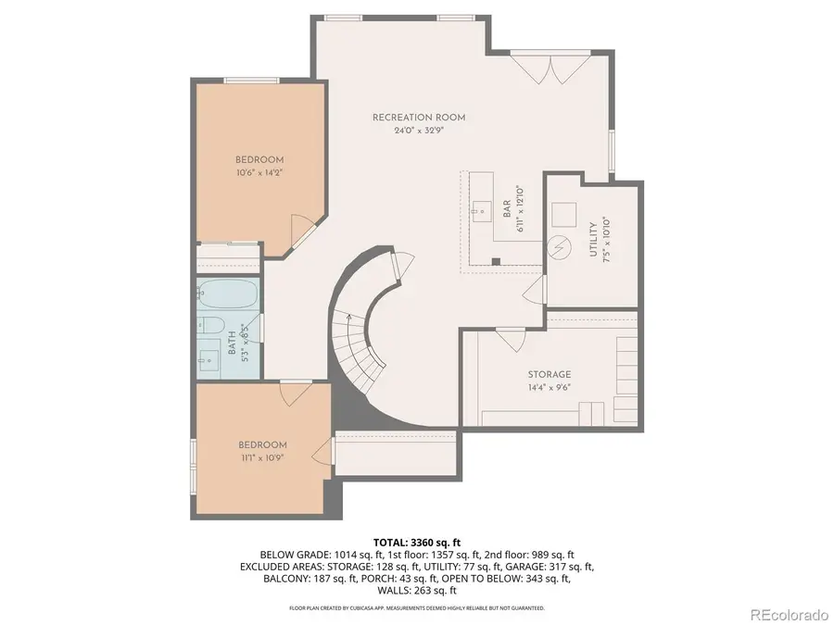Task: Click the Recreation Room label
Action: pos(418,118)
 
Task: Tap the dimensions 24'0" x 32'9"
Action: pos(418,131)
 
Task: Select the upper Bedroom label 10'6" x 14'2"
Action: pos(259,166)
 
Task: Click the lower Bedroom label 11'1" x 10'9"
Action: pos(262,451)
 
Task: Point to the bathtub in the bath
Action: pos(227,295)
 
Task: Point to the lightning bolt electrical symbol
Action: pos(559,249)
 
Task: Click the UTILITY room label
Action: pos(593,240)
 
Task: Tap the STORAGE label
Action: pos(550,374)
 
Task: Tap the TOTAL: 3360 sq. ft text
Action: pos(417,542)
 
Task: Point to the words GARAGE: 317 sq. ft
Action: pos(560,567)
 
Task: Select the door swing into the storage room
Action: pos(510,339)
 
